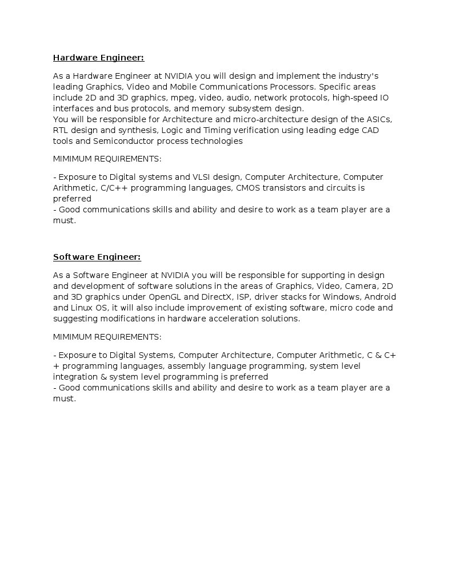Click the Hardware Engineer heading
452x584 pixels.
pyautogui.click(x=98, y=58)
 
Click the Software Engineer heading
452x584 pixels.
pyautogui.click(x=97, y=257)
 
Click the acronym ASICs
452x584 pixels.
pyautogui.click(x=379, y=119)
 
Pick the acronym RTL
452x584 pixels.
pyautogui.click(x=60, y=130)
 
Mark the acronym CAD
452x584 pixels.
pyautogui.click(x=370, y=130)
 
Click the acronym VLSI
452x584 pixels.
pyautogui.click(x=201, y=177)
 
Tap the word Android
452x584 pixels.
pyautogui.click(x=380, y=297)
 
